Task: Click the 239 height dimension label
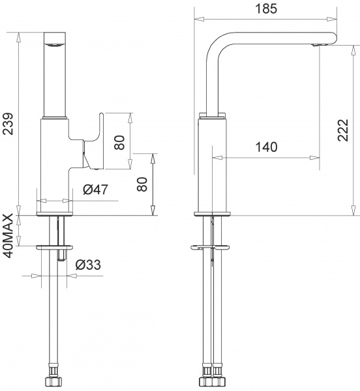pyautogui.click(x=8, y=121)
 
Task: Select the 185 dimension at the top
pyautogui.click(x=266, y=8)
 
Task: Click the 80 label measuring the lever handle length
pyautogui.click(x=119, y=141)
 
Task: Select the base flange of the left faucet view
pyautogui.click(x=55, y=214)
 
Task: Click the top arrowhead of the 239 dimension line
pyautogui.click(x=20, y=33)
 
